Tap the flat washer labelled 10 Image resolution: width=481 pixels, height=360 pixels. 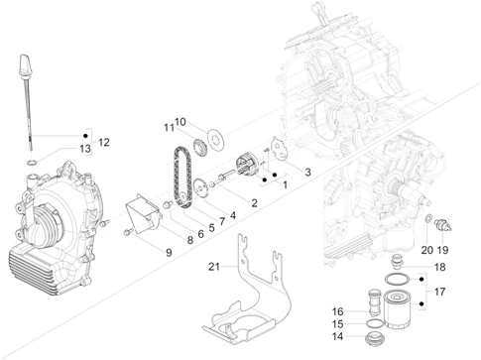215,138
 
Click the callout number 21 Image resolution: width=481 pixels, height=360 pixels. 214,266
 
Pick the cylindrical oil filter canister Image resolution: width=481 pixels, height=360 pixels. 398,308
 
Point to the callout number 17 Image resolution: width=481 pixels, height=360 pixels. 439,292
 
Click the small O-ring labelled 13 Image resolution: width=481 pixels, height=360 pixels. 32,163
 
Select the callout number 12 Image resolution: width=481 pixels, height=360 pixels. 103,142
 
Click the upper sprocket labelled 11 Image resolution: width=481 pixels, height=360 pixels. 199,149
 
